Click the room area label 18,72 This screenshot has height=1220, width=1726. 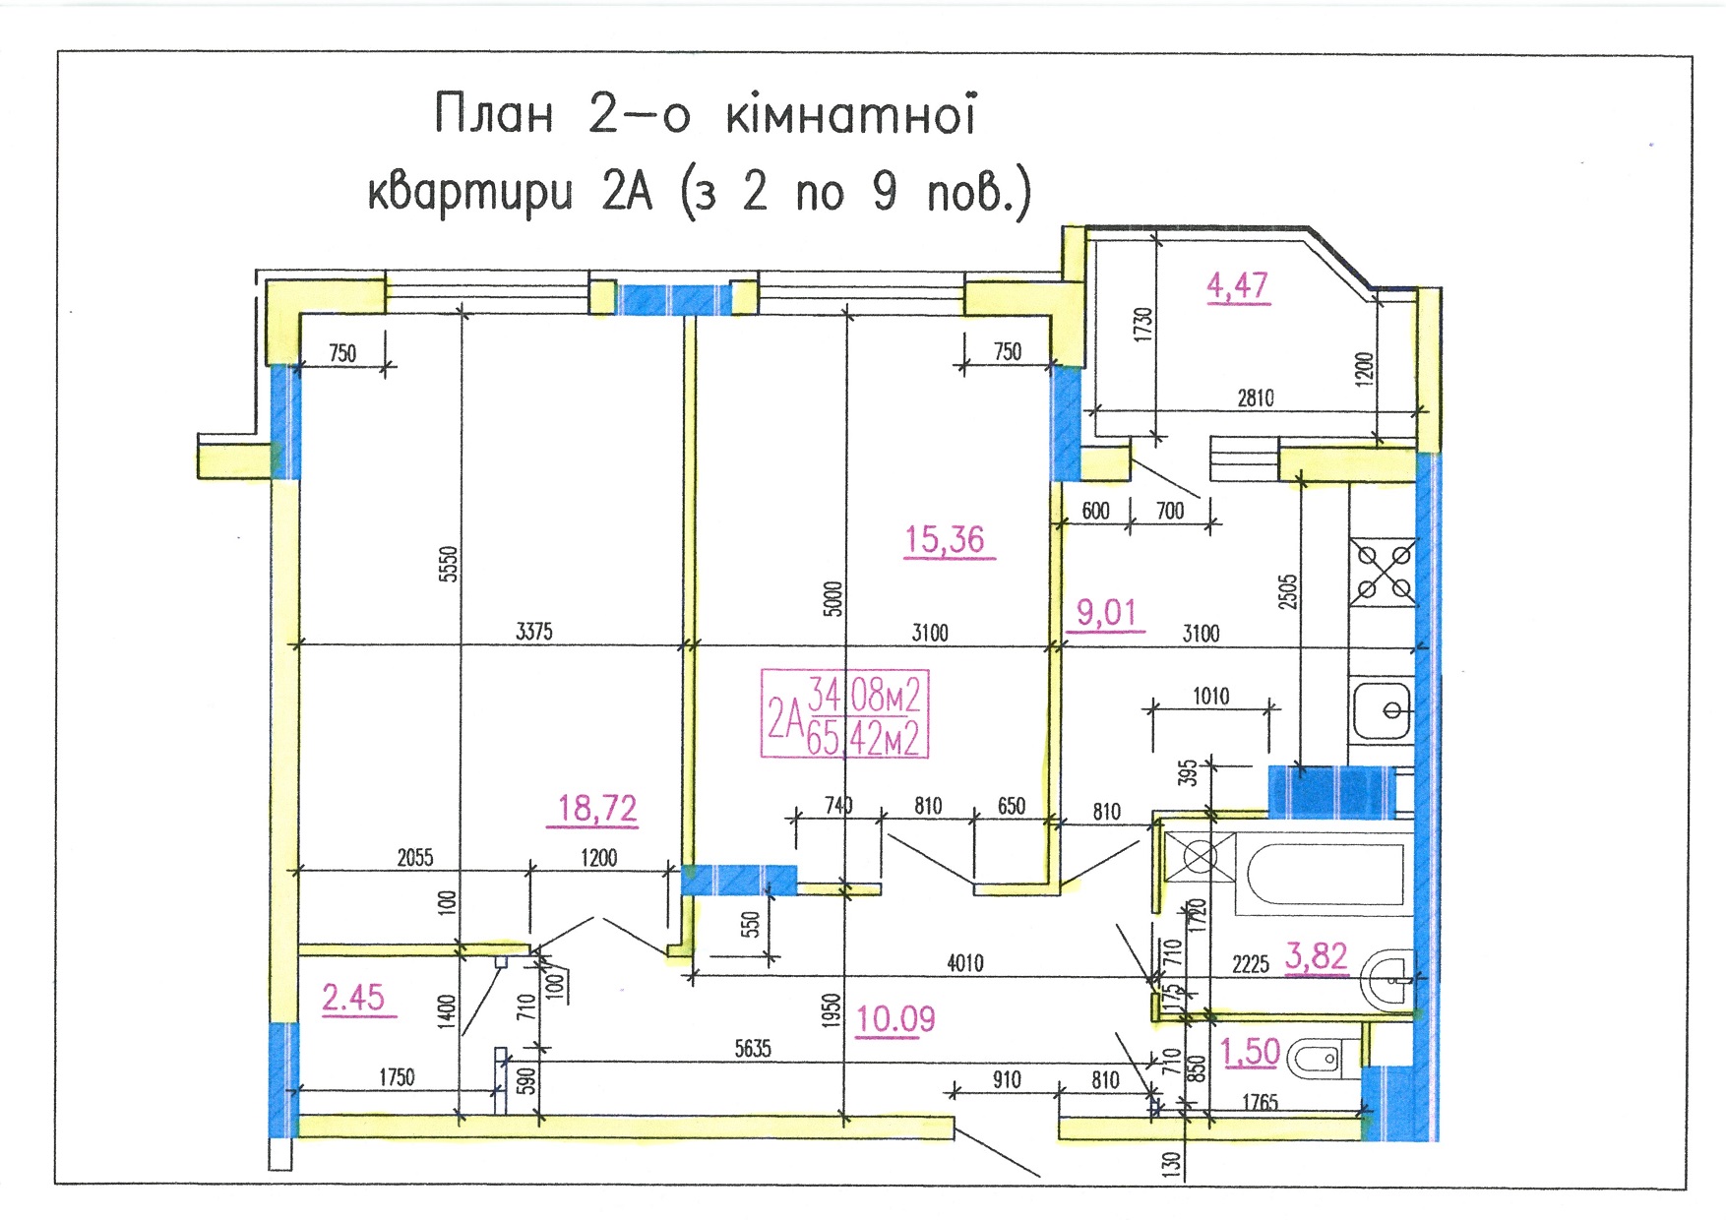click(x=597, y=809)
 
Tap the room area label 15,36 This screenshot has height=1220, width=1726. click(x=945, y=539)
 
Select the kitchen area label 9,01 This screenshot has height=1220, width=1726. click(x=1106, y=613)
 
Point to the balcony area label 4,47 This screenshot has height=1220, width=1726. click(x=1238, y=285)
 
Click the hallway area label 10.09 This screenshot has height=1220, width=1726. click(x=895, y=1019)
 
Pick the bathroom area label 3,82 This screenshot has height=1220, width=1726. click(x=1316, y=956)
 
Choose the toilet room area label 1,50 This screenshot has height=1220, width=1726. click(x=1250, y=1052)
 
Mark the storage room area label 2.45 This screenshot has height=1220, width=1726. click(x=353, y=998)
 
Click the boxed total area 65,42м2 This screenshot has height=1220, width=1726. click(x=863, y=738)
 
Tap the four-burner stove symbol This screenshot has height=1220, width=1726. click(x=1383, y=573)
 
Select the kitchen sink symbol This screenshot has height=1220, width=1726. click(x=1382, y=708)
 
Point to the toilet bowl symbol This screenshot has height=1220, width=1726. click(x=1313, y=1060)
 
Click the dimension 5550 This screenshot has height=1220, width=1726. click(x=448, y=565)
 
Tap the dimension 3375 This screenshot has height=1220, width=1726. click(x=534, y=632)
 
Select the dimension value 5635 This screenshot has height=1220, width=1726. click(x=753, y=1049)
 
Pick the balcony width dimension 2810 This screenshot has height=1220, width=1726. click(x=1256, y=398)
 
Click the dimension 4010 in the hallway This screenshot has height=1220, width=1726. click(x=965, y=963)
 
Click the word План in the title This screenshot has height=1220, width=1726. click(x=494, y=114)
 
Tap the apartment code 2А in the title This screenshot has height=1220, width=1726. click(x=627, y=191)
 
